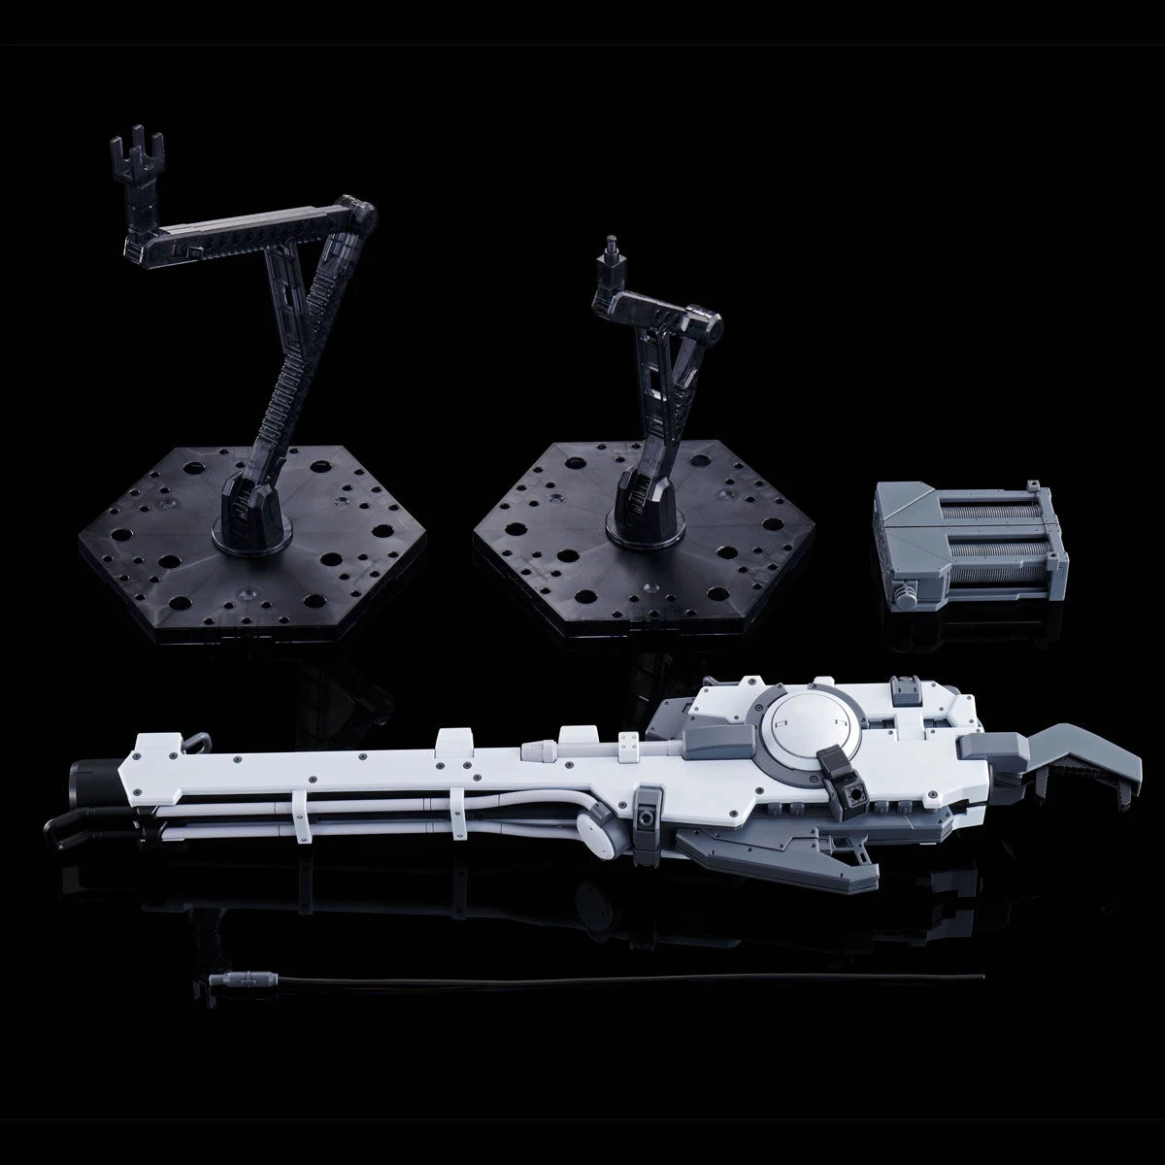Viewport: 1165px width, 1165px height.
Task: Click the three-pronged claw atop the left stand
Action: [x=127, y=155]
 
